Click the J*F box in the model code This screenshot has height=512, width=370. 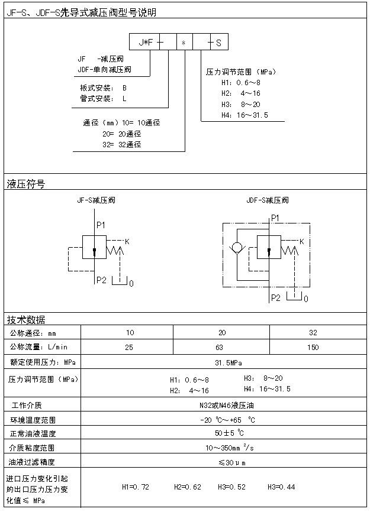(x=145, y=43)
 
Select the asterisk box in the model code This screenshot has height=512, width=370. (x=184, y=43)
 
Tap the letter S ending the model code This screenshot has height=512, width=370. (x=218, y=43)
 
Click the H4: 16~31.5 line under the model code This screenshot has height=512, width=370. (x=244, y=115)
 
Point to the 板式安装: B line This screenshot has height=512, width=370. (x=103, y=88)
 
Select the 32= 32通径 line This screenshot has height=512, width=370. (x=121, y=144)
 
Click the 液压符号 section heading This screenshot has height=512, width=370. (x=25, y=184)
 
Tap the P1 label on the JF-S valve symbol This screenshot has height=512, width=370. (x=101, y=225)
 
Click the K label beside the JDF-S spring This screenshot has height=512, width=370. (x=302, y=241)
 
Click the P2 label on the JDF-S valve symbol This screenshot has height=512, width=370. (x=275, y=298)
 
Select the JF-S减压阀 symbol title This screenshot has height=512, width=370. (x=96, y=200)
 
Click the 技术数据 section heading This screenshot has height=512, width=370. (x=25, y=320)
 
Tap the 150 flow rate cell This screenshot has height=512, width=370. (x=313, y=347)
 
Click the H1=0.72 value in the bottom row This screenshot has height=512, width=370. (x=135, y=487)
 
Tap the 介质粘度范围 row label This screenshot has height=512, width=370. (x=31, y=448)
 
